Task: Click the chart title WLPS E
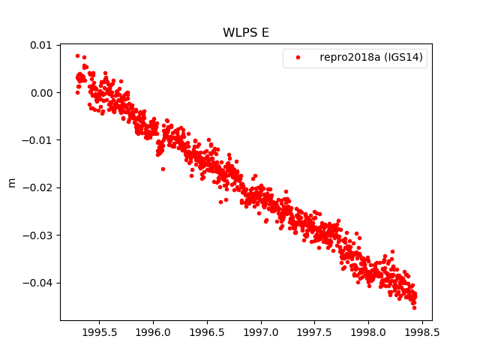click(x=245, y=33)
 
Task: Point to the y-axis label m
click(x=11, y=182)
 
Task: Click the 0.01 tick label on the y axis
click(x=40, y=45)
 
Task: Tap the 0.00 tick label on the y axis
click(x=40, y=93)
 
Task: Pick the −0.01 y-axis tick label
click(x=37, y=140)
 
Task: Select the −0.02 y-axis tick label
click(x=37, y=187)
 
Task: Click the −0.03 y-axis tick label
click(x=37, y=235)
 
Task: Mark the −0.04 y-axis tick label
click(x=37, y=283)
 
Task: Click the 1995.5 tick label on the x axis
click(x=99, y=331)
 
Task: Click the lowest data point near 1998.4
click(x=414, y=307)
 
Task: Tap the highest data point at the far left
click(x=77, y=55)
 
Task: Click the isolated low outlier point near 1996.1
click(x=163, y=169)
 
